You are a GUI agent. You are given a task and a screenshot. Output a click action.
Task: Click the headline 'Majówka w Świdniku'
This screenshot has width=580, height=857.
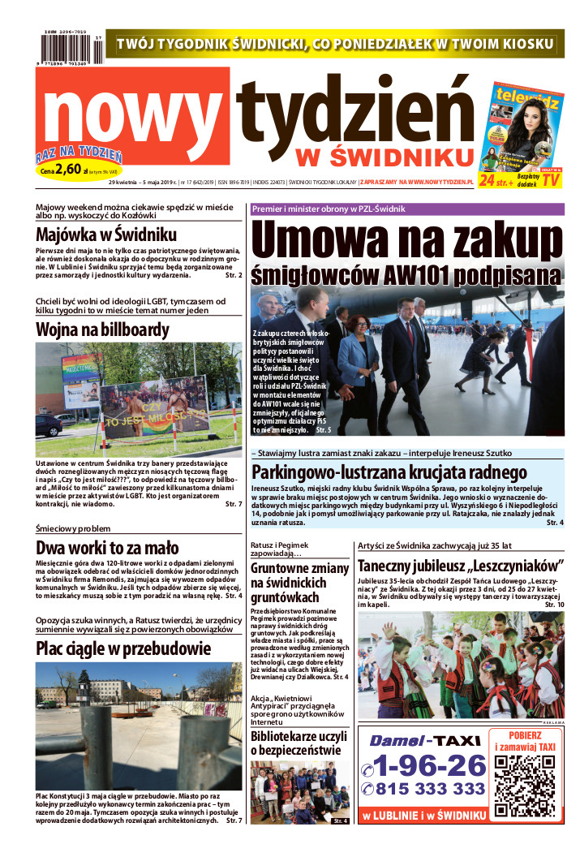coord(106,235)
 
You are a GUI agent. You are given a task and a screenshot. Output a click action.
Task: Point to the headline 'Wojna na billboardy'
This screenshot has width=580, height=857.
coord(102,329)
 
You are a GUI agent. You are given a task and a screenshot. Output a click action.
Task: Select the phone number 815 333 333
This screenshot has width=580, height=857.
coord(423,789)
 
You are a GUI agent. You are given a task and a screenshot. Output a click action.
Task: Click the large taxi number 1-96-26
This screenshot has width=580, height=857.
coord(423,764)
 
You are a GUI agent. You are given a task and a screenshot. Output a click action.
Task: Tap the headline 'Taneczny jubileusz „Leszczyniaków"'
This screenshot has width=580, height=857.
coord(460,566)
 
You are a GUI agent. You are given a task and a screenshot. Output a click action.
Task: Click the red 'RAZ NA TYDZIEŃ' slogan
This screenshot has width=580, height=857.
coord(79,155)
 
